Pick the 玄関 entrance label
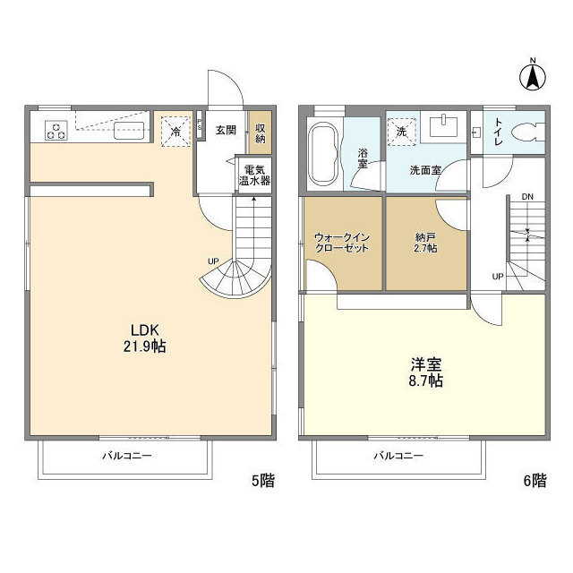(225, 130)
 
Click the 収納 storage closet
(261, 132)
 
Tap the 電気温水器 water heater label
(253, 175)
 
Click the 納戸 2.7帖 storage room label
(425, 242)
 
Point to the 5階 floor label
(262, 481)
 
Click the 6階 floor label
(534, 481)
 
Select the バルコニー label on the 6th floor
(398, 456)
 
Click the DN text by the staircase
(527, 196)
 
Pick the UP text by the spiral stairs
(212, 261)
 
